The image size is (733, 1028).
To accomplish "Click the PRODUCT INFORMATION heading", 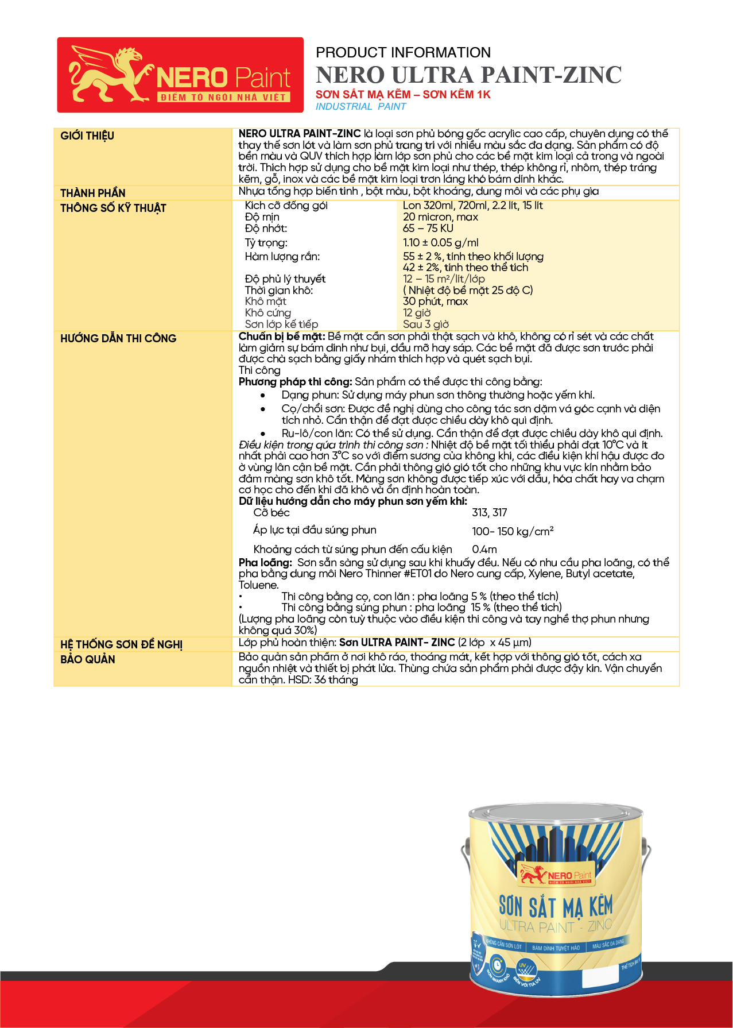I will point(403,53).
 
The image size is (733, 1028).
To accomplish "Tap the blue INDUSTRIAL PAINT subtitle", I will point(360,106).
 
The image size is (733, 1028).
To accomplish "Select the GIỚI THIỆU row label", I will point(87,136).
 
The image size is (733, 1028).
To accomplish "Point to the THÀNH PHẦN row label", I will point(93,193).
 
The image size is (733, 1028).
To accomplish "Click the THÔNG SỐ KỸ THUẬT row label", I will point(113,208).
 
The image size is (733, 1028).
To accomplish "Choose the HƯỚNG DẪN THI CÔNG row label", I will point(118,338).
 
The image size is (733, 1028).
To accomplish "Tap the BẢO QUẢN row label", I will point(88,659).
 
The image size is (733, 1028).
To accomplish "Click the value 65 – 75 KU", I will point(428,228).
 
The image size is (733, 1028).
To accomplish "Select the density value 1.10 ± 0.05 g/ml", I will point(440,242).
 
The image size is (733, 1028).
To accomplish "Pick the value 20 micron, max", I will point(440,217).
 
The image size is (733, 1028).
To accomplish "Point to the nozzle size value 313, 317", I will point(489,512).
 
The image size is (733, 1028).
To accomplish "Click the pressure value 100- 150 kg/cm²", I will point(512,531).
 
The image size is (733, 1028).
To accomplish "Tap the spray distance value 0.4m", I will point(484,549).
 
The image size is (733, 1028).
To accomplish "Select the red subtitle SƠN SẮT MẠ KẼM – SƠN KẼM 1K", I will point(403,94).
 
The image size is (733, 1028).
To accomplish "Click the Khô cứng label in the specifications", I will point(267,312).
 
